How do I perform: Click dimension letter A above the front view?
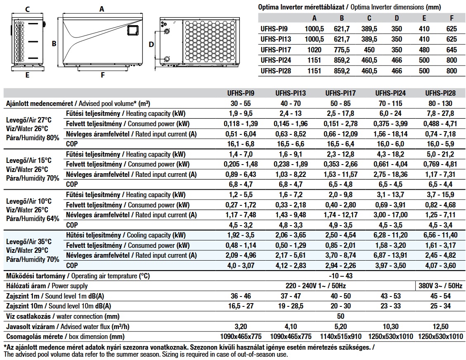click(x=102, y=8)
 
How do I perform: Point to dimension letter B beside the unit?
click(x=54, y=43)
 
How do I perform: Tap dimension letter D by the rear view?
click(x=151, y=44)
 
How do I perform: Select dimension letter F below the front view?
click(x=102, y=75)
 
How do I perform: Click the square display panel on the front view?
click(x=132, y=30)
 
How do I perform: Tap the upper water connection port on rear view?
click(x=167, y=31)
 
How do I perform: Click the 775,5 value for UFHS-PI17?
click(x=341, y=50)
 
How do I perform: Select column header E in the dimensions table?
click(x=424, y=18)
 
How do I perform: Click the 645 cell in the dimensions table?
click(x=452, y=50)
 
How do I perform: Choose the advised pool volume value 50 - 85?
click(x=341, y=104)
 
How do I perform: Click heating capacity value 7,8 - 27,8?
click(x=440, y=114)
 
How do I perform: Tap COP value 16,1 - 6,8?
click(x=241, y=144)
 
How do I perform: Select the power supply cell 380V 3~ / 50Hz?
click(x=440, y=286)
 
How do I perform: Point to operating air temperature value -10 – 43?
click(x=341, y=275)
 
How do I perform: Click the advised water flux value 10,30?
click(x=390, y=326)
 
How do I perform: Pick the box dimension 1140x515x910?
click(x=341, y=336)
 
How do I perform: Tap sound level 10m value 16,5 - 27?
click(x=241, y=306)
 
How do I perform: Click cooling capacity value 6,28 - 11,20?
click(x=390, y=235)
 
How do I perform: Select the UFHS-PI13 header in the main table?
click(x=291, y=93)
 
